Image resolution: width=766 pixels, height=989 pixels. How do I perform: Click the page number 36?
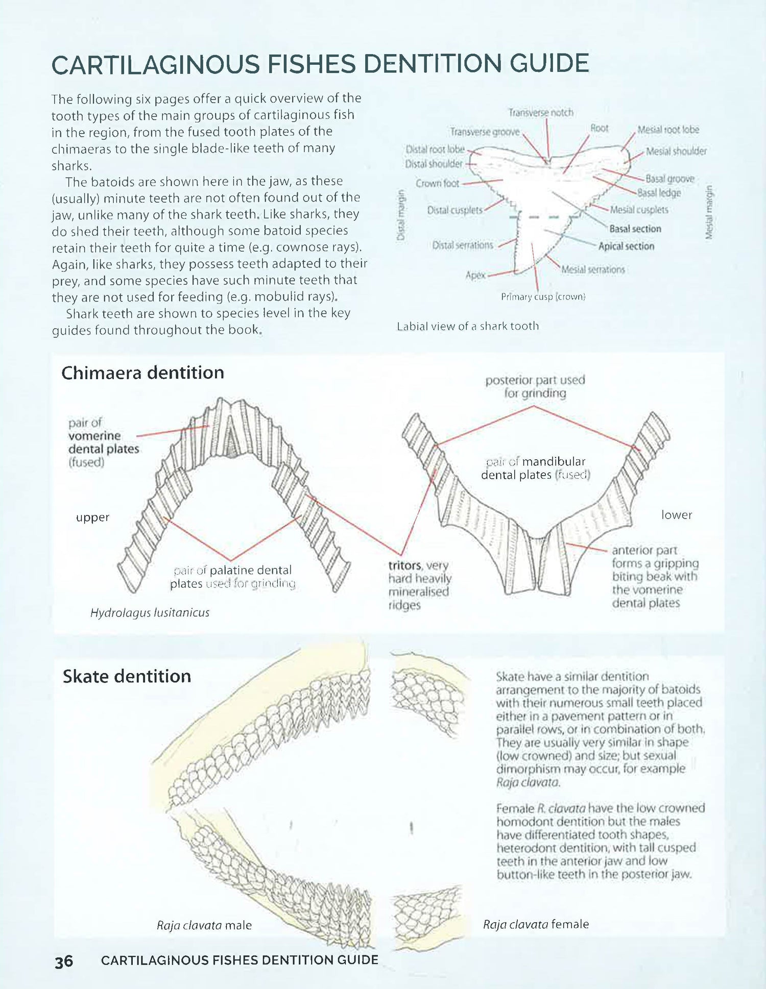coord(64,961)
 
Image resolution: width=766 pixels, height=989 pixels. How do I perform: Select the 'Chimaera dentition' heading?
coord(142,373)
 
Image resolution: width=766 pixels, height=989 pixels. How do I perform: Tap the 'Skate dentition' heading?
coord(127,676)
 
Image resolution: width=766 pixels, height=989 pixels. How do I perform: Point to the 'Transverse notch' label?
coord(541,112)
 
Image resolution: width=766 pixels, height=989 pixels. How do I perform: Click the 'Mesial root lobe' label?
coord(668,130)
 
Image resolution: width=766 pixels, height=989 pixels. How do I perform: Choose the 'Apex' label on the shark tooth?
coord(475,275)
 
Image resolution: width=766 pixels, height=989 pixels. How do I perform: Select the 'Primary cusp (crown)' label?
coord(543,297)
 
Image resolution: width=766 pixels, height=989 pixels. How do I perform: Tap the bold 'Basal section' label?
coord(635,229)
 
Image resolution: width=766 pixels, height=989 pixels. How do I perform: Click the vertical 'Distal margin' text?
coord(401,215)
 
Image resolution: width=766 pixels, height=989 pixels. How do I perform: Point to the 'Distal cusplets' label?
coord(454,210)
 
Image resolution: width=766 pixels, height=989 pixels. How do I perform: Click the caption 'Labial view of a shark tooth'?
coord(468,326)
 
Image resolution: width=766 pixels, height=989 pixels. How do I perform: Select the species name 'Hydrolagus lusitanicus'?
coord(150,612)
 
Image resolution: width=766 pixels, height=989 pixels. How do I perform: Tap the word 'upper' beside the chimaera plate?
coord(92,517)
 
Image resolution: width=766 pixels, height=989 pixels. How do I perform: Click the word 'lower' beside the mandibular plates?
coord(677,515)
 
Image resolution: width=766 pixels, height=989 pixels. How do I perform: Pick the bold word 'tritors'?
coord(404,565)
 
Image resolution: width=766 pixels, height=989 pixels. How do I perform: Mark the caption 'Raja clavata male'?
coord(204,925)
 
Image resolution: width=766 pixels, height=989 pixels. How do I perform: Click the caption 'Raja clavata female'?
coord(536,924)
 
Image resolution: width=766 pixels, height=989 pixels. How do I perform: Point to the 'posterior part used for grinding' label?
coord(535,386)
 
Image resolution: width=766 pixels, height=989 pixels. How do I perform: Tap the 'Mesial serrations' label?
coord(593,269)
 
